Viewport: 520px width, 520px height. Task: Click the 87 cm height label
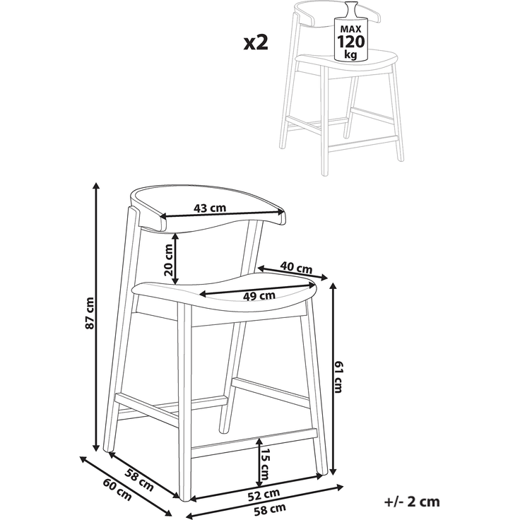point(90,314)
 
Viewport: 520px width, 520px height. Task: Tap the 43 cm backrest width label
point(210,208)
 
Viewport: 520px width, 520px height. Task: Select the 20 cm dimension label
point(168,260)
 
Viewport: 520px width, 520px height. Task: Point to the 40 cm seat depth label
point(296,267)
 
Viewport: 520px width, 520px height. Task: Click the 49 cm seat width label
point(259,295)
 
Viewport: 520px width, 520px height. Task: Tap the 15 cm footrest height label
point(265,465)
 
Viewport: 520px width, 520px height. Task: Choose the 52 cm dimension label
point(264,495)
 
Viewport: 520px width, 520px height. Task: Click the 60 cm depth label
point(117,490)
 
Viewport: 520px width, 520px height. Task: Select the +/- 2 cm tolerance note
point(412,502)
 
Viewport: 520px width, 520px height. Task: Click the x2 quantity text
point(256,43)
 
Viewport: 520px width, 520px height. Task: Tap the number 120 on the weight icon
point(351,42)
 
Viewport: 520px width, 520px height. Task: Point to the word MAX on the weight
point(351,29)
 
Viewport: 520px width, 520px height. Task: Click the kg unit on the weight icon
point(351,54)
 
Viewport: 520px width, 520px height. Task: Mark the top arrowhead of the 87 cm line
point(97,185)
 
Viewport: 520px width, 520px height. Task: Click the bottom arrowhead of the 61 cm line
point(333,471)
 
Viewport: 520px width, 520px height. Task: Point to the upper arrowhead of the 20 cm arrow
point(176,236)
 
